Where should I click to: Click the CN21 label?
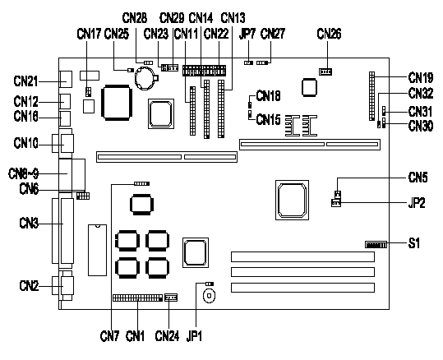(x=25, y=81)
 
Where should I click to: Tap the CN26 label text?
(x=329, y=34)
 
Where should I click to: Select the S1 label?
(x=414, y=243)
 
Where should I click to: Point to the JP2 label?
(x=417, y=203)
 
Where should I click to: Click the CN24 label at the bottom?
(x=167, y=336)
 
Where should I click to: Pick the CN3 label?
(x=29, y=224)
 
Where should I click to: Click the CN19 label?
(x=421, y=77)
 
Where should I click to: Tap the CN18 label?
(x=268, y=96)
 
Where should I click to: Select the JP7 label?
(x=247, y=34)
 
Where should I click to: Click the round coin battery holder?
(x=146, y=78)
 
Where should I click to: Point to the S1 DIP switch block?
(x=376, y=244)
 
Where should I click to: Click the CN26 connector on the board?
(x=325, y=72)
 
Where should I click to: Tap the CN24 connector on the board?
(x=171, y=298)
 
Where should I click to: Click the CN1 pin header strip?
(x=137, y=298)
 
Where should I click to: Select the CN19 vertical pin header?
(x=371, y=96)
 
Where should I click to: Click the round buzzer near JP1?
(x=209, y=296)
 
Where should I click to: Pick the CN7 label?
(x=109, y=336)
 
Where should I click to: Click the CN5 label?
(x=418, y=178)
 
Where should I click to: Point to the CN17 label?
(x=89, y=34)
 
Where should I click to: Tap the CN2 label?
(x=29, y=286)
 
